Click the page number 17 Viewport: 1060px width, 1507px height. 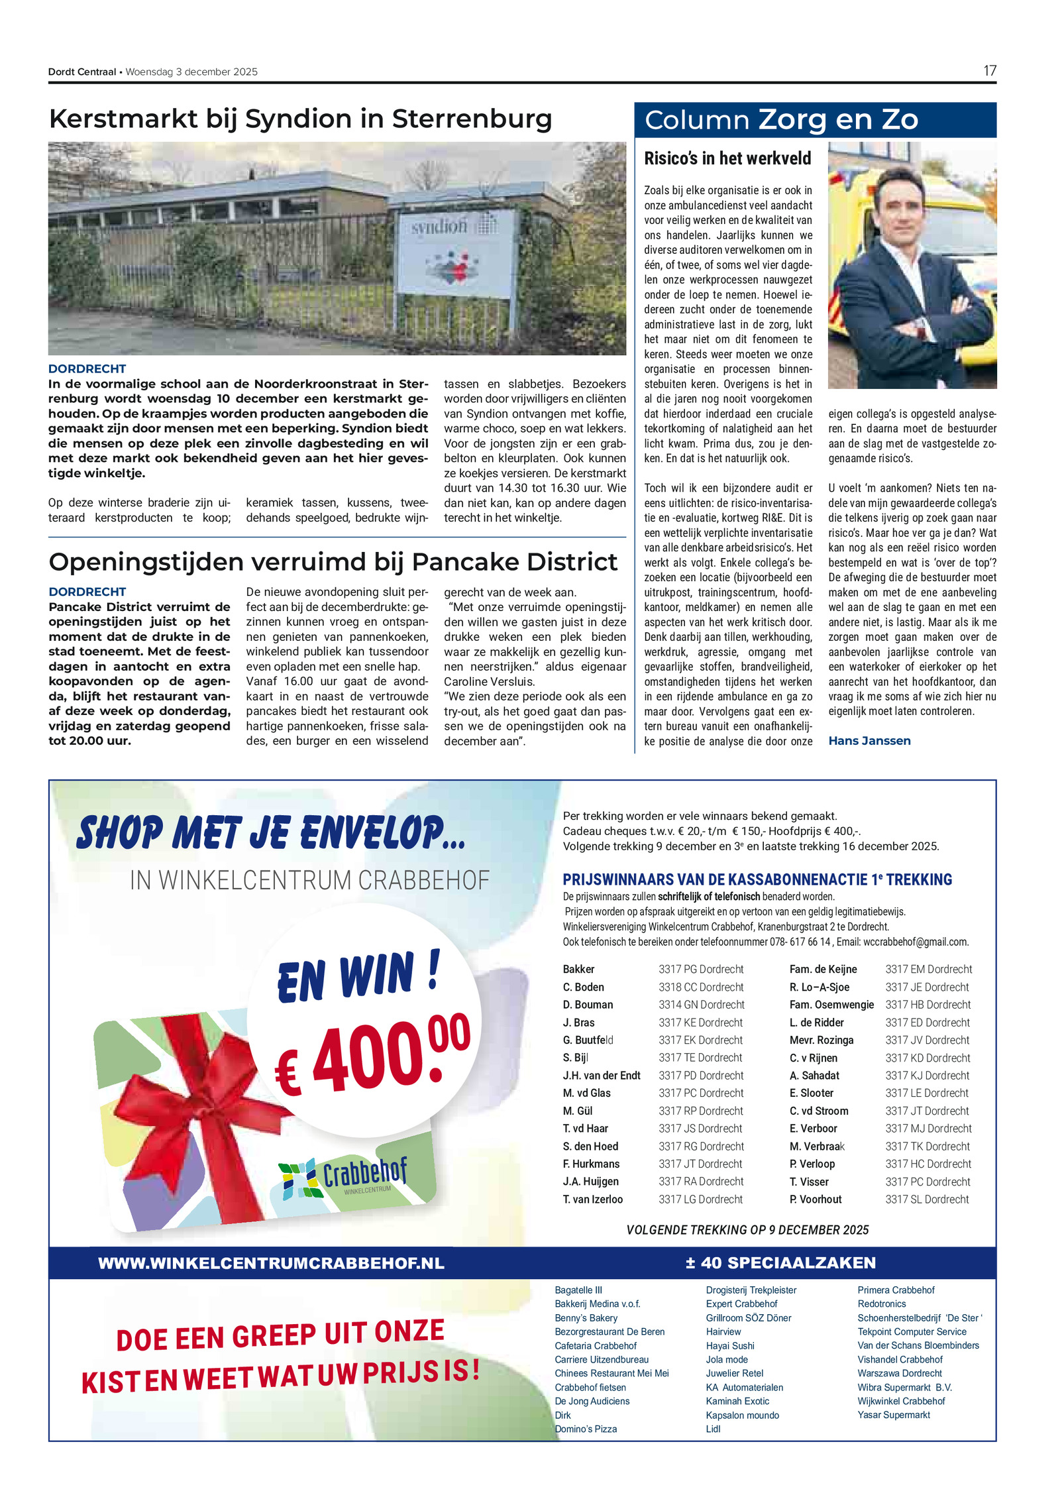(989, 71)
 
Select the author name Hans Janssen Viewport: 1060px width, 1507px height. (869, 741)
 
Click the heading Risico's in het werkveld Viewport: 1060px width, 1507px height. (727, 158)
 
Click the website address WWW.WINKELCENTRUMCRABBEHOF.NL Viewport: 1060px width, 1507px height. (271, 1263)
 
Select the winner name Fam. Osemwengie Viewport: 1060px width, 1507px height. (831, 1005)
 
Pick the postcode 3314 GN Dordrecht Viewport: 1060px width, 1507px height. (701, 1005)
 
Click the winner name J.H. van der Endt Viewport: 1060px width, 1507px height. (602, 1076)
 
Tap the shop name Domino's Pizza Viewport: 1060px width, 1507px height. (586, 1429)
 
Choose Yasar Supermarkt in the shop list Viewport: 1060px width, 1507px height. (893, 1415)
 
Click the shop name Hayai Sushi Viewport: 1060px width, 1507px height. (730, 1345)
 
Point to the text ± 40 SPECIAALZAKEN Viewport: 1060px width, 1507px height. (780, 1263)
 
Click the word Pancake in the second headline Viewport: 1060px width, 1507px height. (450, 562)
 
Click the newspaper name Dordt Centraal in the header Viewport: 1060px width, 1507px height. (82, 72)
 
